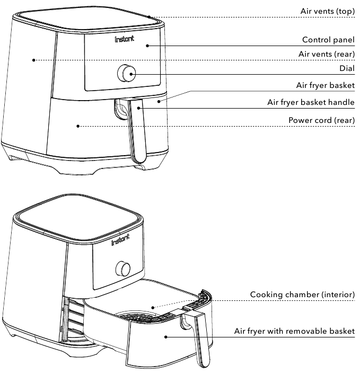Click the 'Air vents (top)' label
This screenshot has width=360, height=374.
[x=327, y=11]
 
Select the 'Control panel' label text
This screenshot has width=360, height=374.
[x=328, y=40]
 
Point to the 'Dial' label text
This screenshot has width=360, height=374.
[x=347, y=68]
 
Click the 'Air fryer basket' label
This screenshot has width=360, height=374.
[x=325, y=85]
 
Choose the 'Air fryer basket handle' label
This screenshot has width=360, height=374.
[x=311, y=102]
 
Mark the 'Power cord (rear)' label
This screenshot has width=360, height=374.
[x=321, y=120]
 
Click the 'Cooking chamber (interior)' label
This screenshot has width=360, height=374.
[x=302, y=295]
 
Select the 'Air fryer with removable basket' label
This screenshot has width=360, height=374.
[x=294, y=331]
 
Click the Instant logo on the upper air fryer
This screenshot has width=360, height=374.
[x=125, y=39]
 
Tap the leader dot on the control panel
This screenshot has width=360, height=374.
[x=147, y=46]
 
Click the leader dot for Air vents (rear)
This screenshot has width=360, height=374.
[x=33, y=60]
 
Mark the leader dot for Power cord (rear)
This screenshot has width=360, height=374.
[x=78, y=126]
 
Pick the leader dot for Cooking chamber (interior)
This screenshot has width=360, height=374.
[x=153, y=306]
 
